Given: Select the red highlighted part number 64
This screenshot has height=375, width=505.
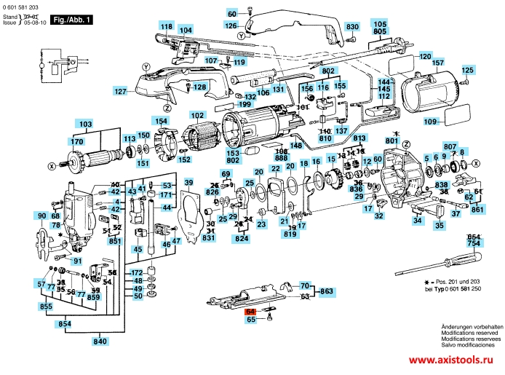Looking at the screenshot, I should coord(251,311).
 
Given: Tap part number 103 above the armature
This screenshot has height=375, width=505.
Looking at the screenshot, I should coord(86,124).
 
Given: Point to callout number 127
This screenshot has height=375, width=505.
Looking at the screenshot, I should coord(120,92).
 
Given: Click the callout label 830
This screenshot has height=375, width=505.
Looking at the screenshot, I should coord(352,27).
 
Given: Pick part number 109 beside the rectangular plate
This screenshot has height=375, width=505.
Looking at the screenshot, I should coord(430,121).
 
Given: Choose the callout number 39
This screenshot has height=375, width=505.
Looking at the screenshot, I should coord(188,182).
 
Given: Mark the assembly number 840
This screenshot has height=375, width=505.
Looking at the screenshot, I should coord(100,342).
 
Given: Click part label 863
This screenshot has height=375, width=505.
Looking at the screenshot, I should coord(327,291).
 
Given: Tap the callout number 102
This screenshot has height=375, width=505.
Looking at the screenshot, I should coord(197,115).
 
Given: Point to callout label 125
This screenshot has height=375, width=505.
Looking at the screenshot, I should coord(466,70).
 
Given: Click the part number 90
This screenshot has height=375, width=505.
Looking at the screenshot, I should coord(41,216).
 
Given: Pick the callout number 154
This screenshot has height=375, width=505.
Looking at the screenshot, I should coord(159,121).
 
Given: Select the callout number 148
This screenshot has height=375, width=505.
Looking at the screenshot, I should coord(296,146).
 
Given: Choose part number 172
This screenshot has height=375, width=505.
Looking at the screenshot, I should coord(137,272).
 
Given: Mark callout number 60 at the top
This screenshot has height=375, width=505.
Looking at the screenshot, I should coord(232,14).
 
